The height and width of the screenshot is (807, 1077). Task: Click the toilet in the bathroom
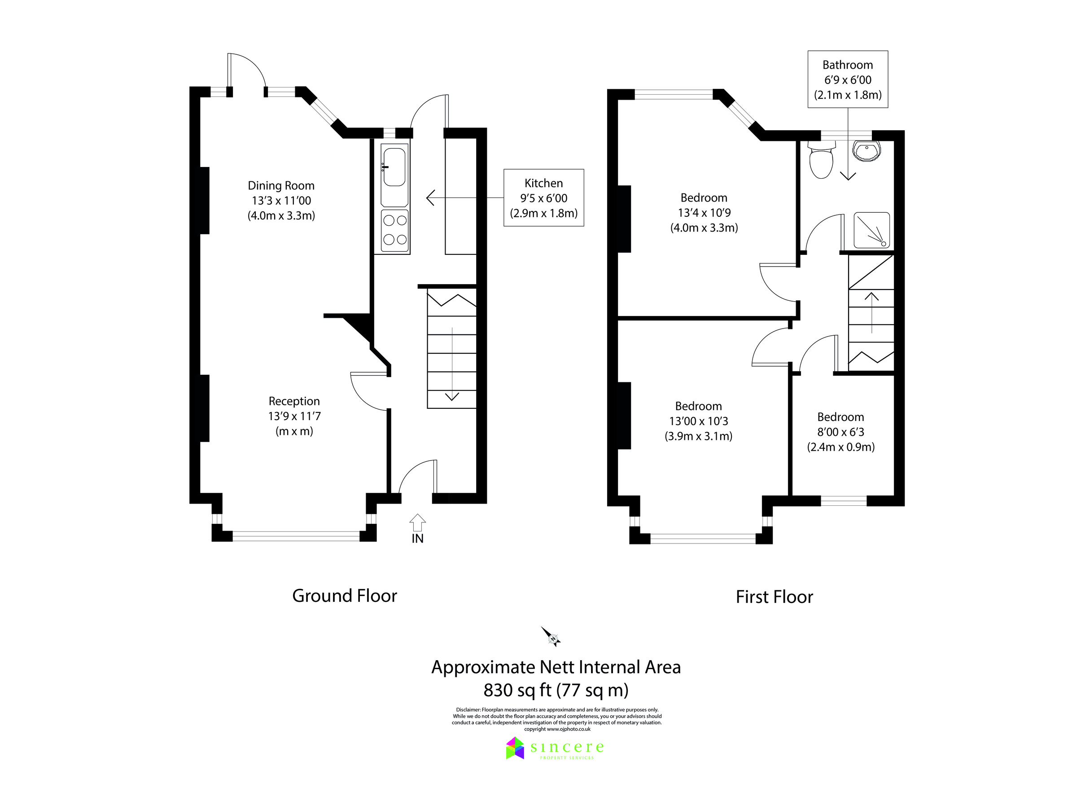(821, 161)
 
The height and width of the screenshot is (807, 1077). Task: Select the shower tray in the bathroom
(871, 230)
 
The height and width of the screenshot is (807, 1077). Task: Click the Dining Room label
(281, 185)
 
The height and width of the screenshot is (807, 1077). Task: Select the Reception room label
(294, 401)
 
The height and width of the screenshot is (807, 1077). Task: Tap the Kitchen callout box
(543, 198)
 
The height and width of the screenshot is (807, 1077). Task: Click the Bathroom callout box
(847, 79)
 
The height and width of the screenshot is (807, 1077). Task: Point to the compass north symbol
(552, 636)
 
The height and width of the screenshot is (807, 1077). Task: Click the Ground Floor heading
(344, 596)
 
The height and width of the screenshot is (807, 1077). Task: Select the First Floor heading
(774, 597)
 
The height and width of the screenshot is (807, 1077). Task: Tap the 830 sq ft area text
(556, 690)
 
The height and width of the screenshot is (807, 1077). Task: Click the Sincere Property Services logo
(555, 748)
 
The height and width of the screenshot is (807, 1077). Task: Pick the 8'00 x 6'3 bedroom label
(841, 432)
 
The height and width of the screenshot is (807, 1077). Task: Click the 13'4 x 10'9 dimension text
(704, 213)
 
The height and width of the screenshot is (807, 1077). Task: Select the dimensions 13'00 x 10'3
(698, 421)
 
